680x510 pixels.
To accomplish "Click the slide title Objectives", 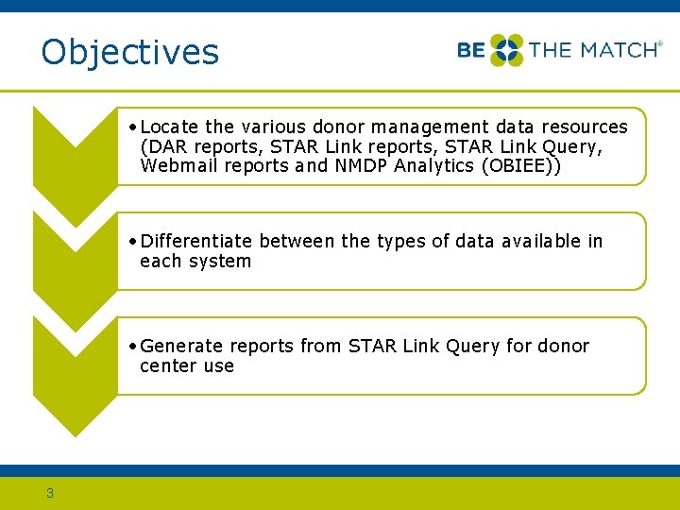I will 129,52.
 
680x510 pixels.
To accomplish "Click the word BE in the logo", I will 471,50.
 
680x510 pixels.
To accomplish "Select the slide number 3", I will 50,492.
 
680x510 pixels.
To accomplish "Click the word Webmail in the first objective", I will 176,166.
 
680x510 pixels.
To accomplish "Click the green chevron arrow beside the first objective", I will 75,142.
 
